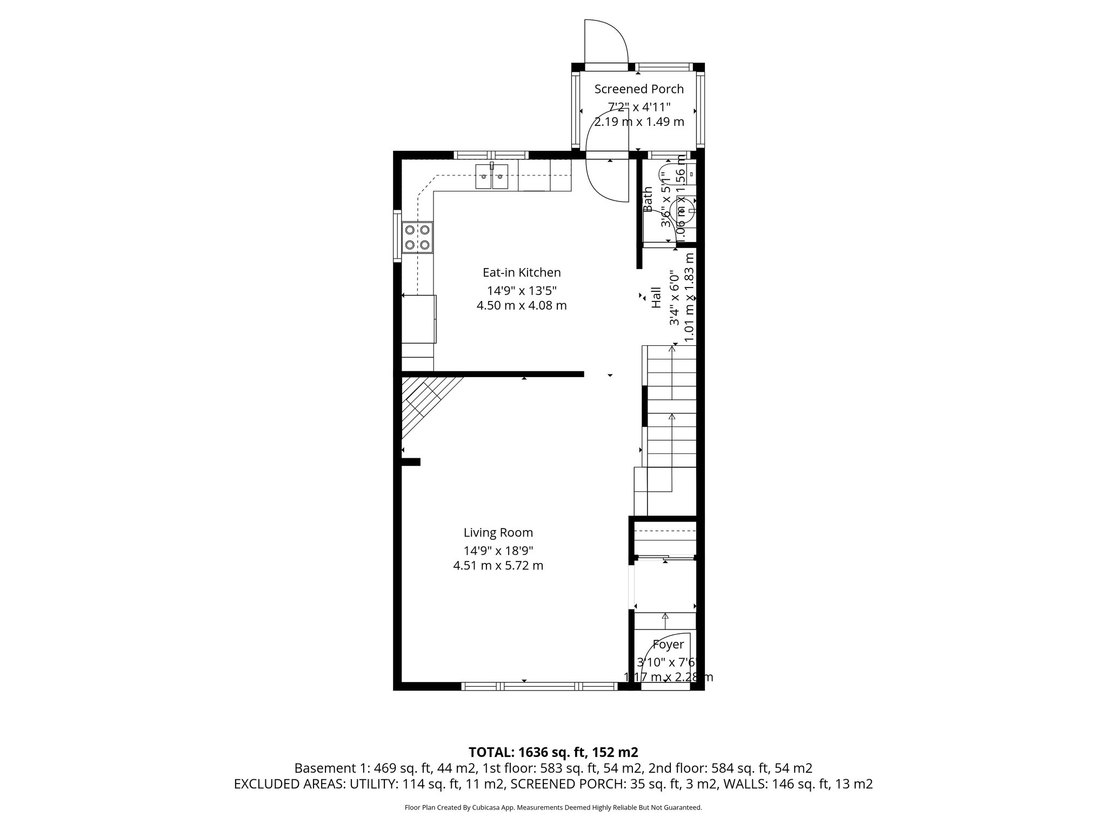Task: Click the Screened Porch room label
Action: coord(639,89)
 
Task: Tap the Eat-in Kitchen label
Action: coord(522,272)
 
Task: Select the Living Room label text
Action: coord(498,533)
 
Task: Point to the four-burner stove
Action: coord(417,238)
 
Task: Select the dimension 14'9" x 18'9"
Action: coord(498,551)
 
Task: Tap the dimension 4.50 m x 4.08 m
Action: coord(521,306)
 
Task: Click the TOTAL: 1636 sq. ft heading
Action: coord(553,752)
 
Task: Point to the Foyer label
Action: coord(668,644)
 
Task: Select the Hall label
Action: coord(656,298)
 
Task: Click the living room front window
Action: coord(539,686)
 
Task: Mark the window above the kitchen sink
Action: coord(491,155)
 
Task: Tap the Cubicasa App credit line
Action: coord(553,808)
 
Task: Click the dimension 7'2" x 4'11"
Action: coord(639,106)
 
